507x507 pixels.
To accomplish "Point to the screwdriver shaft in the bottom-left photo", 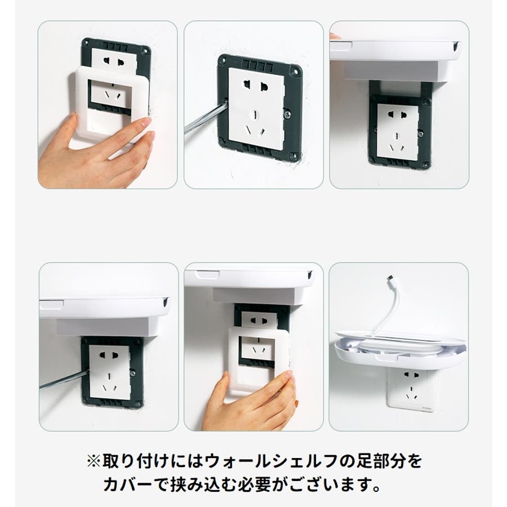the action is pos(63,379).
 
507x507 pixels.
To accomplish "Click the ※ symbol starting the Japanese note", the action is pos(94,461).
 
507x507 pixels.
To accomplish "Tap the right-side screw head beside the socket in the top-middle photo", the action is pos(287,113).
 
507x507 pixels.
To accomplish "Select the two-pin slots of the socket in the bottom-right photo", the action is pos(411,375).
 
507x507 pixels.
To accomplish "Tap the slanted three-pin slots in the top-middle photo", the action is pos(255,131).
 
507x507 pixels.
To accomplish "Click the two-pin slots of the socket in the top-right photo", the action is pos(397,115).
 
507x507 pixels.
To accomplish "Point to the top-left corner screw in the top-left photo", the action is pos(87,42).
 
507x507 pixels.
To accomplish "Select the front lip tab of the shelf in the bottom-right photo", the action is pos(385,357).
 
